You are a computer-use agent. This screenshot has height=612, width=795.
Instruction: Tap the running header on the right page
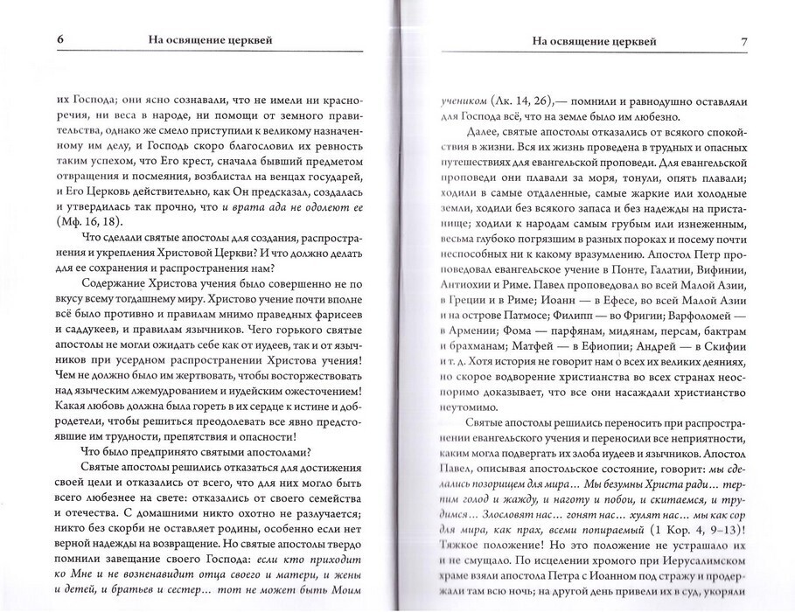587,40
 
